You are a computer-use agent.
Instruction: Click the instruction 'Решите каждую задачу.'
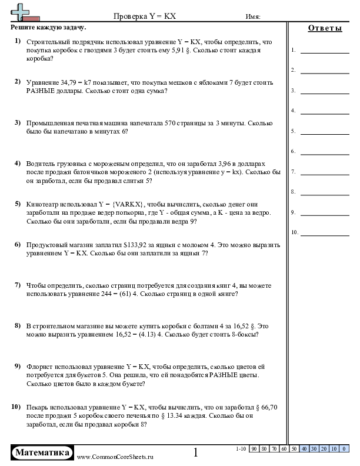tap(48, 28)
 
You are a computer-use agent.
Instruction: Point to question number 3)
tap(18, 122)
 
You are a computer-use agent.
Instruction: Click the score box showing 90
tap(255, 449)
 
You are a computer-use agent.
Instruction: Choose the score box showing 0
tap(343, 449)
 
